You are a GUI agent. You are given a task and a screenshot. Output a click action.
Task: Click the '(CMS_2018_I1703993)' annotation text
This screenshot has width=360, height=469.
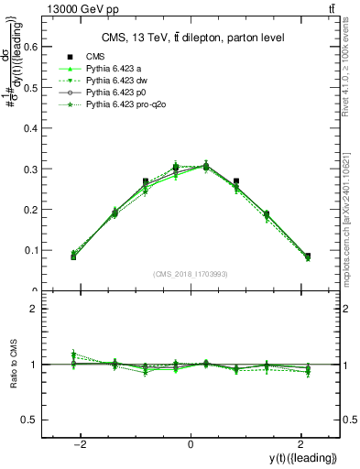(x=191, y=274)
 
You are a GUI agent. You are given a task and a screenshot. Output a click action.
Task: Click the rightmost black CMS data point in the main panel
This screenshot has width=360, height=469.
(x=307, y=256)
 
